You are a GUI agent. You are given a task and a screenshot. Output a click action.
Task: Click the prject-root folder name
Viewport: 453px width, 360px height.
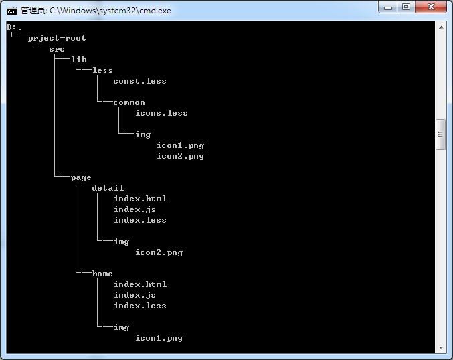coord(57,38)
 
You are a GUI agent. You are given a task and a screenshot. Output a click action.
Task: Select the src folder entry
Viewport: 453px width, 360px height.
coord(57,49)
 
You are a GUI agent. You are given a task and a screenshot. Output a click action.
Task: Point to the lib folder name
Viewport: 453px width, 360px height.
coord(78,60)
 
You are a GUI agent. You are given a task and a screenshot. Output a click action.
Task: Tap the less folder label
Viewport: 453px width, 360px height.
coord(102,70)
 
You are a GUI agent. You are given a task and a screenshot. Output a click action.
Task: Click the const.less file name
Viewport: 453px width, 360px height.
coord(140,81)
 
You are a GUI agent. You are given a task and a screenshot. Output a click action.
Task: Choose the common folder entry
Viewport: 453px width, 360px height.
coord(129,102)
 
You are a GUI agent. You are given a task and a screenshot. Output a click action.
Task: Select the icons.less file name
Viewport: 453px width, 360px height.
coord(161,113)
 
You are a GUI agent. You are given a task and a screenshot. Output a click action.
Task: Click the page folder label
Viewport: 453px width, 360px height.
coord(81,177)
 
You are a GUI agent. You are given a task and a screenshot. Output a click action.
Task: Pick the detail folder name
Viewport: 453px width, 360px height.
coord(108,188)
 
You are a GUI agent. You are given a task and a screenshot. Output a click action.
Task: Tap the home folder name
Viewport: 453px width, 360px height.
coord(102,274)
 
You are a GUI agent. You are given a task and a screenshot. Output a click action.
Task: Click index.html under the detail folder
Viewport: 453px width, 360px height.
coord(140,199)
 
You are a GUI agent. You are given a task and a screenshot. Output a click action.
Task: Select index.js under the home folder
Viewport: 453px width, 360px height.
coord(134,295)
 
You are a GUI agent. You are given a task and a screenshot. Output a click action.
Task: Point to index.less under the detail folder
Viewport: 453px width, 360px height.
coord(140,220)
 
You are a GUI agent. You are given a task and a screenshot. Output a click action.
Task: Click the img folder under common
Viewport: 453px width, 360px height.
coord(143,134)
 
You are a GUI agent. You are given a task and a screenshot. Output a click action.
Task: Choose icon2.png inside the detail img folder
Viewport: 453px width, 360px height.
coord(159,252)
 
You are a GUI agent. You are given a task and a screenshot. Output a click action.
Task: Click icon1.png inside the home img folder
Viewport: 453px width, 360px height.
coord(159,338)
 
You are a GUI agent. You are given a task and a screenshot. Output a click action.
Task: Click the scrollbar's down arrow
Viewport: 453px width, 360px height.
coord(440,347)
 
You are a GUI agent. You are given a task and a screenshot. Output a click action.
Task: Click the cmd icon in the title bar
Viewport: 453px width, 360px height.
coord(12,10)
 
